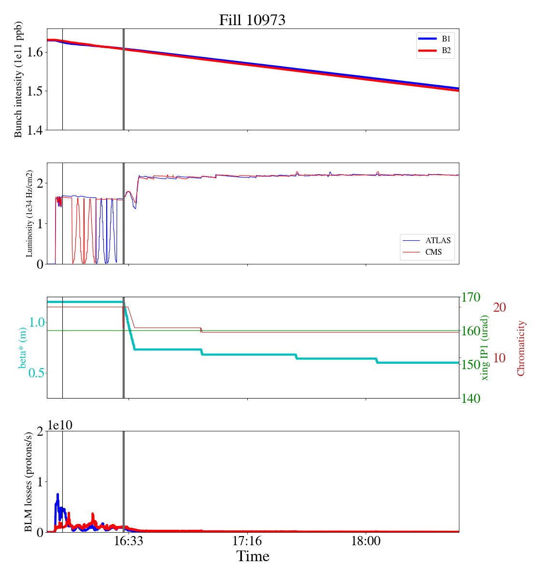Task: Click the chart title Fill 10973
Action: pyautogui.click(x=252, y=20)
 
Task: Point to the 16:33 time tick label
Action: pyautogui.click(x=129, y=541)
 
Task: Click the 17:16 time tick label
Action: pyautogui.click(x=247, y=541)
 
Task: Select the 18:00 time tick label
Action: pyautogui.click(x=366, y=541)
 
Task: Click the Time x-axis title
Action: pyautogui.click(x=253, y=556)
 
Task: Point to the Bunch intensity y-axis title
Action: pyautogui.click(x=18, y=80)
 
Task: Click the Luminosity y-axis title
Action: pyautogui.click(x=29, y=213)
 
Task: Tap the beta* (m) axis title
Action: pyautogui.click(x=23, y=347)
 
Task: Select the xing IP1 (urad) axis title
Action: pyautogui.click(x=485, y=347)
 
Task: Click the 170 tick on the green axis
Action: pyautogui.click(x=471, y=297)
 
